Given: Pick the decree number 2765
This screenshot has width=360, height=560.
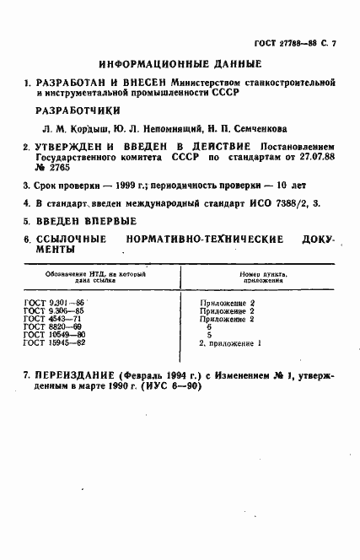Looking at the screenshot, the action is pos(56,168).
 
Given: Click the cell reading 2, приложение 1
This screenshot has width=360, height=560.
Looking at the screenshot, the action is pos(230,343).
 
